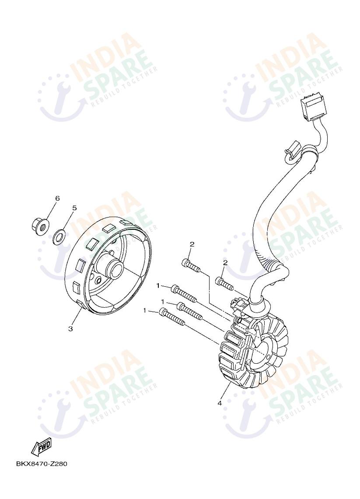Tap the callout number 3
70,329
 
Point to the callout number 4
220,403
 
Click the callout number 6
58,198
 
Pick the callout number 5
74,208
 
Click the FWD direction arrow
41,447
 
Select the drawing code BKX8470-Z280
42,464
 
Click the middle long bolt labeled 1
190,311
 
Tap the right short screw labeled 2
224,284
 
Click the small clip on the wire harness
292,149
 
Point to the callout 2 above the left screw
192,244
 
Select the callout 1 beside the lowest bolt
145,310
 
